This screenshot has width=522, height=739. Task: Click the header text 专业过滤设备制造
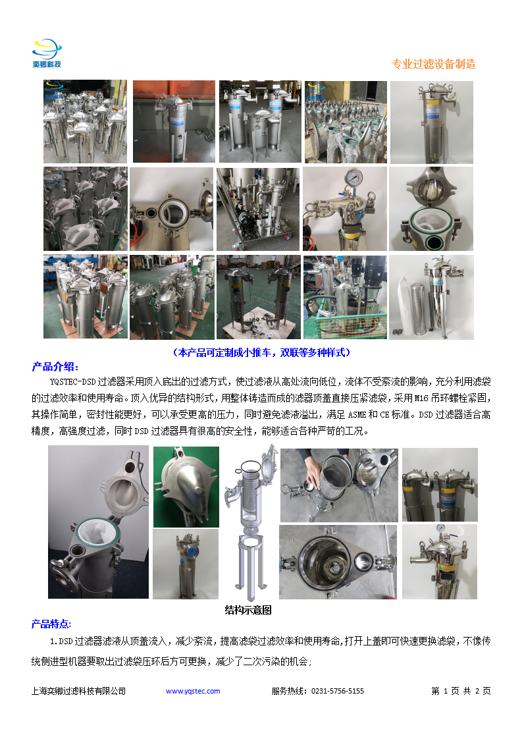click(433, 64)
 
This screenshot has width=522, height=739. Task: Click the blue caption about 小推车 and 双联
click(261, 352)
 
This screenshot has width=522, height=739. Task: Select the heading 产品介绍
click(55, 367)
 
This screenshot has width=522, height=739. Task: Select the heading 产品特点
click(52, 624)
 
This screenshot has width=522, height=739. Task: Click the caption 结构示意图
click(248, 610)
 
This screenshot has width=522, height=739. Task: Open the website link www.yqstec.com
click(193, 691)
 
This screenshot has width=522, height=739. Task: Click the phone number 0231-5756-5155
click(338, 691)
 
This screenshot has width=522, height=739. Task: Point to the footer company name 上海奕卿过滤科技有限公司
click(78, 691)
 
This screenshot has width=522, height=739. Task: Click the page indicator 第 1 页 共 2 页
click(461, 691)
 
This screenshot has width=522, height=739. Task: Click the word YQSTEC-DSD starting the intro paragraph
click(72, 381)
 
